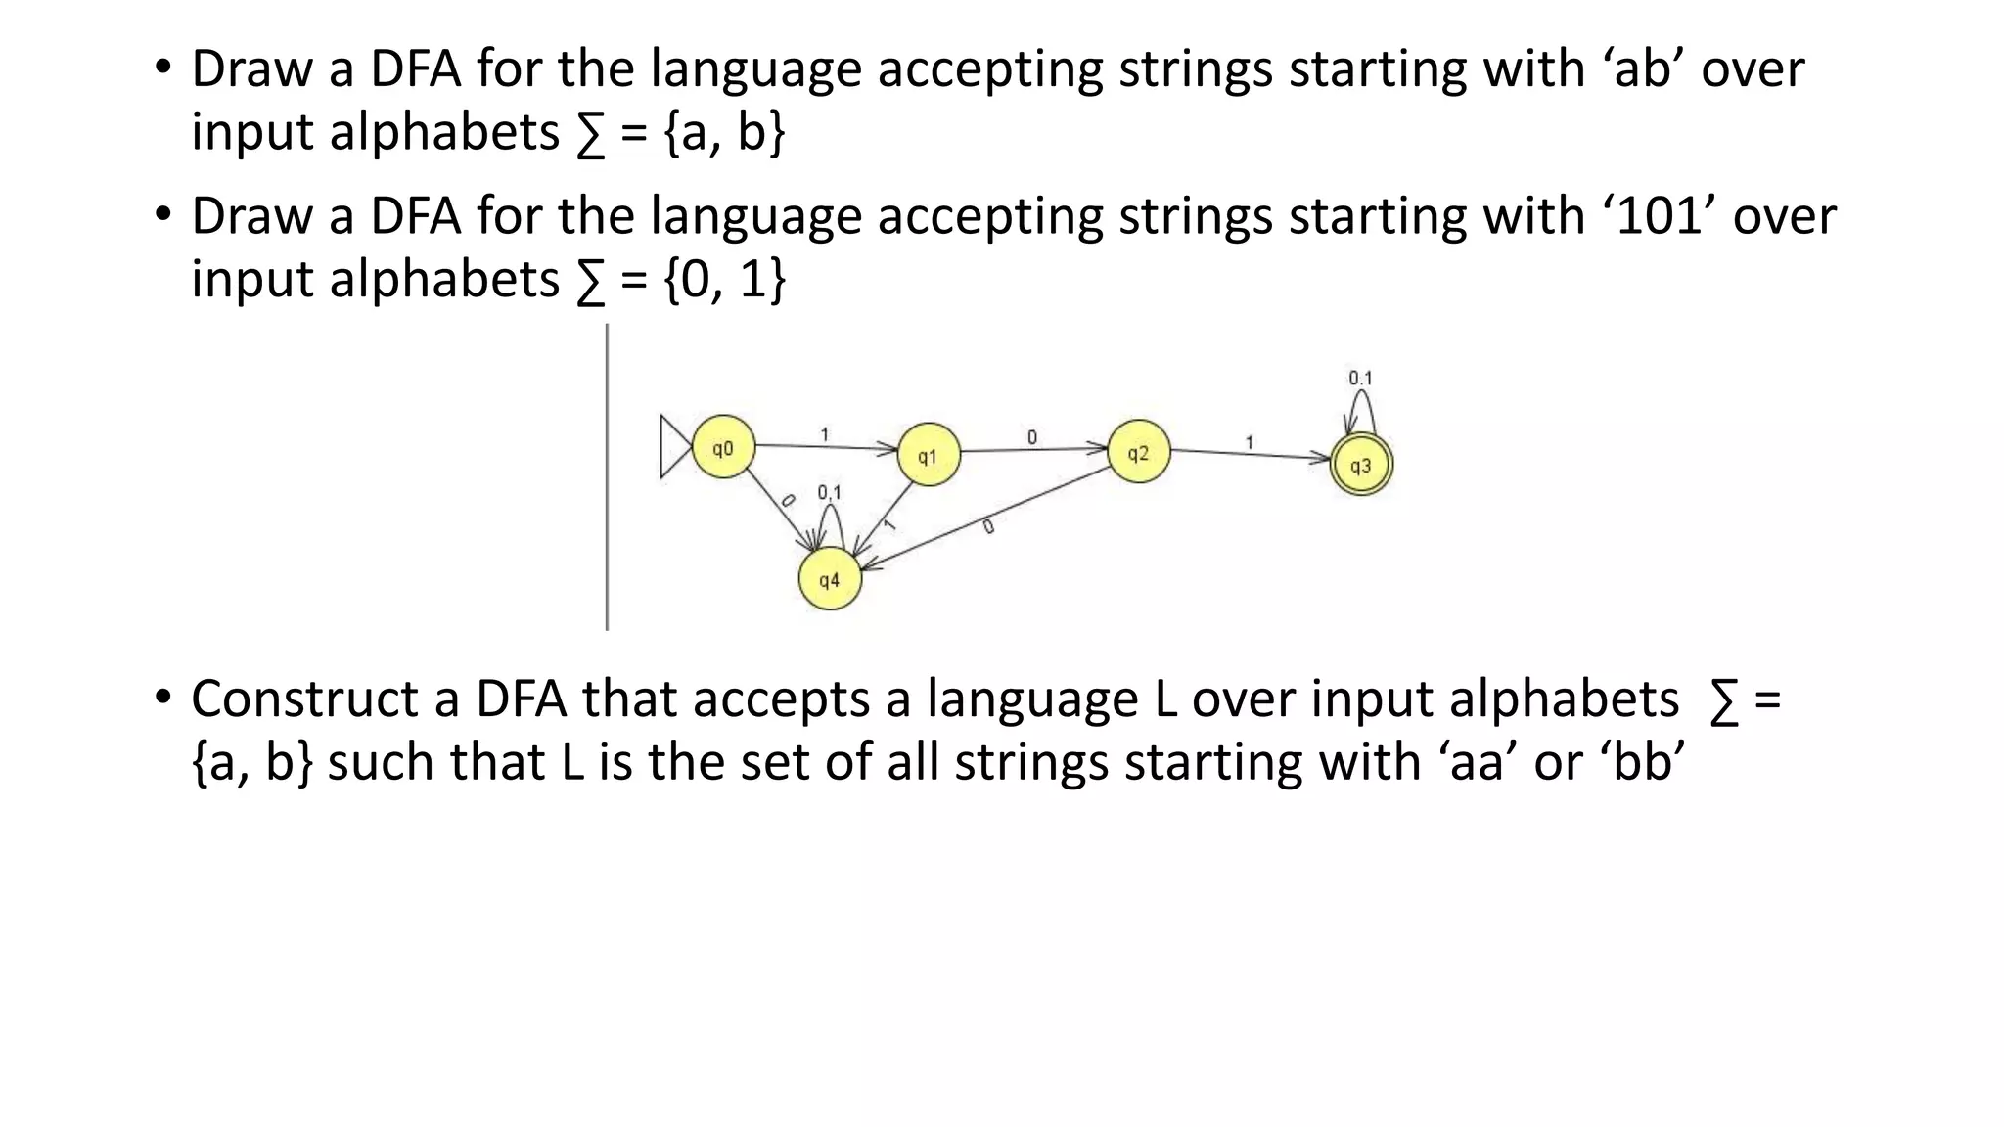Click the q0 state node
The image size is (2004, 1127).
(x=723, y=449)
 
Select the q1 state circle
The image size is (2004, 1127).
(x=929, y=456)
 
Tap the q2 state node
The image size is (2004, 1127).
(x=1138, y=453)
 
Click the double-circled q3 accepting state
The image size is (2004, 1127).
(x=1361, y=466)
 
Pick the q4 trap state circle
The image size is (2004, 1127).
(x=830, y=580)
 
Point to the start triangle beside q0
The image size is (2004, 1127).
(x=674, y=447)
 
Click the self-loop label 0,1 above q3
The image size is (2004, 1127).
(x=1360, y=378)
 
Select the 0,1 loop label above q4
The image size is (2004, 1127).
(x=830, y=492)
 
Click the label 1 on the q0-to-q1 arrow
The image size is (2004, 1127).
(x=825, y=433)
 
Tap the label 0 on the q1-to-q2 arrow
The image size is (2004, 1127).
(x=1032, y=437)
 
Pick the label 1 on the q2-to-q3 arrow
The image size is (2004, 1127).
(x=1250, y=443)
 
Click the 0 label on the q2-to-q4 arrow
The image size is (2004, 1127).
(x=988, y=527)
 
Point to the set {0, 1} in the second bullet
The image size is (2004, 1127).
(x=724, y=280)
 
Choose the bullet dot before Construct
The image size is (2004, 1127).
(x=162, y=699)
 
